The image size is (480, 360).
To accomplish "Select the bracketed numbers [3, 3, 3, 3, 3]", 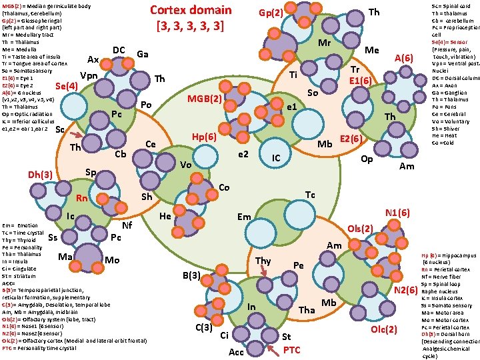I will (190, 27).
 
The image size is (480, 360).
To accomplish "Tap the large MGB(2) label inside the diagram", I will (204, 99).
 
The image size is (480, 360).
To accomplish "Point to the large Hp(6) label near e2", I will (204, 137).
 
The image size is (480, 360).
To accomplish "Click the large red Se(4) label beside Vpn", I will (67, 86).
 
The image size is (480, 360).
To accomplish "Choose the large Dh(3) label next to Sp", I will (40, 175).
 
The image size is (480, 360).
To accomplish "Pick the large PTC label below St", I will (292, 349).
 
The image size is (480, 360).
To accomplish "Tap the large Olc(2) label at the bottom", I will (384, 330).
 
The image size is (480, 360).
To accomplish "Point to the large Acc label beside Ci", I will (236, 351).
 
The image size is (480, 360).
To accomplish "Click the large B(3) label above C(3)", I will (192, 275).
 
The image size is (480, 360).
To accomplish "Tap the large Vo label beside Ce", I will (186, 165).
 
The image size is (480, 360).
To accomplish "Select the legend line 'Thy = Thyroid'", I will (17, 240).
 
